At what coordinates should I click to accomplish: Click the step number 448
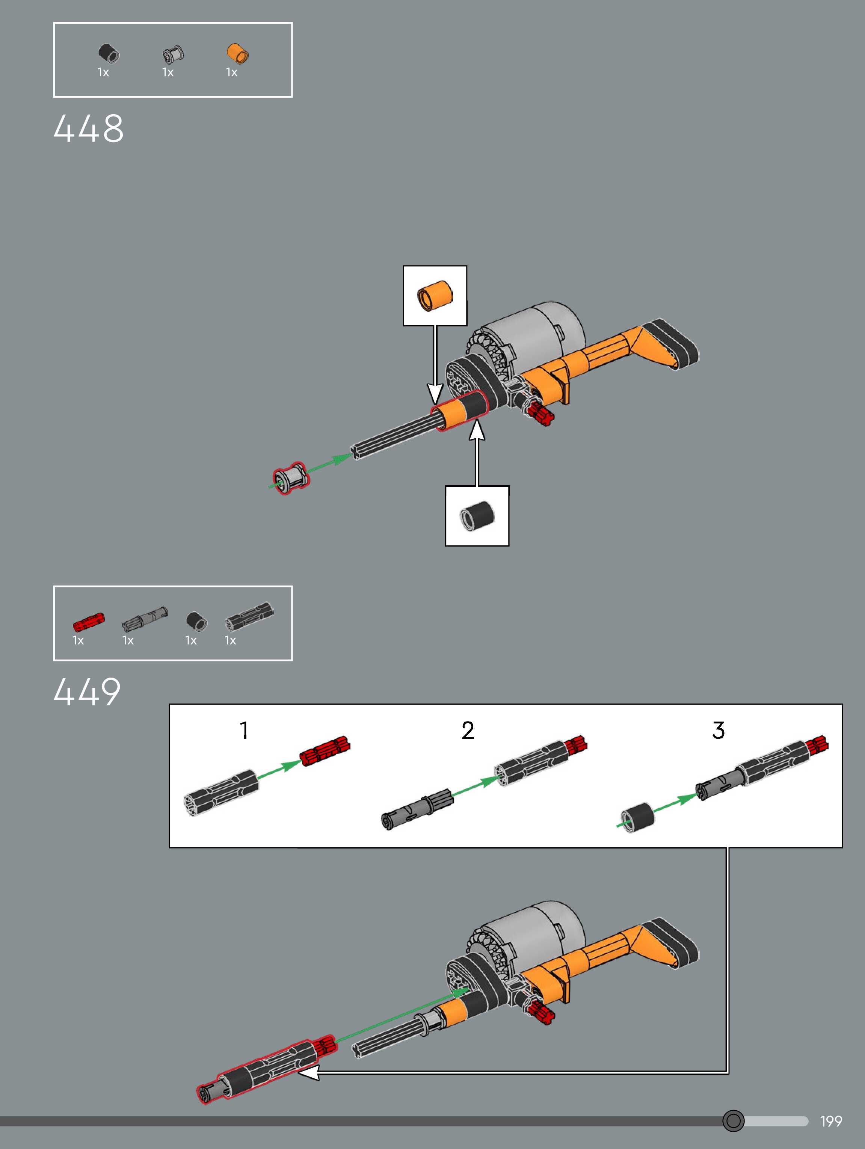tap(88, 128)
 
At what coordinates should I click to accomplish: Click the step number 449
tap(87, 692)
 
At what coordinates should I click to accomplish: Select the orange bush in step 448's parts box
tap(237, 53)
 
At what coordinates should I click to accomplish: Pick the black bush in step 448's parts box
tap(109, 53)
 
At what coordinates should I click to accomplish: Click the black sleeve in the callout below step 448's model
tap(477, 515)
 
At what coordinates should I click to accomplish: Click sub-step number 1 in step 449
tap(244, 730)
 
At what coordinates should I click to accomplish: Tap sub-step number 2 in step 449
tap(468, 730)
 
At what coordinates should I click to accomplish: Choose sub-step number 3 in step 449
tap(719, 730)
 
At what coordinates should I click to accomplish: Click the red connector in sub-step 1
tap(325, 750)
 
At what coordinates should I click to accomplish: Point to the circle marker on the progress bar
tap(733, 1121)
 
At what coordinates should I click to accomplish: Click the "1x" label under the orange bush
tap(232, 73)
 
